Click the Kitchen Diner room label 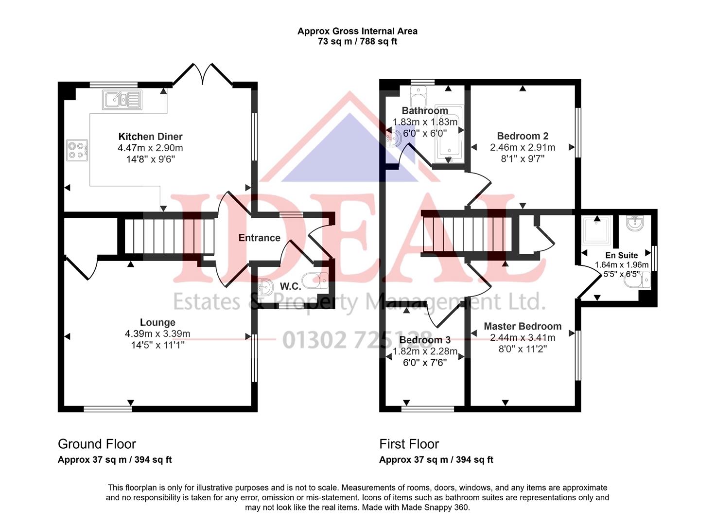(x=150, y=137)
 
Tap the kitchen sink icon (x=122, y=100)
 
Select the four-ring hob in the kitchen (x=77, y=150)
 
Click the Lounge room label (x=157, y=322)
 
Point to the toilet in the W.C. (x=314, y=280)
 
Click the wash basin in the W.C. (x=266, y=288)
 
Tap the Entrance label (x=259, y=238)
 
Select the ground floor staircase (x=169, y=237)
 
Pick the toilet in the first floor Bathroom (x=418, y=97)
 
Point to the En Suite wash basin (x=635, y=224)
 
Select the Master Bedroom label (x=523, y=326)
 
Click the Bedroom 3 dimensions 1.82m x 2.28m (x=425, y=351)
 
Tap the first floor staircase (x=467, y=235)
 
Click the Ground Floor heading (x=97, y=444)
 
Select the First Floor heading (x=409, y=444)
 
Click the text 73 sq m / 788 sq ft (x=357, y=42)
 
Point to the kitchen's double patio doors (x=203, y=74)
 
